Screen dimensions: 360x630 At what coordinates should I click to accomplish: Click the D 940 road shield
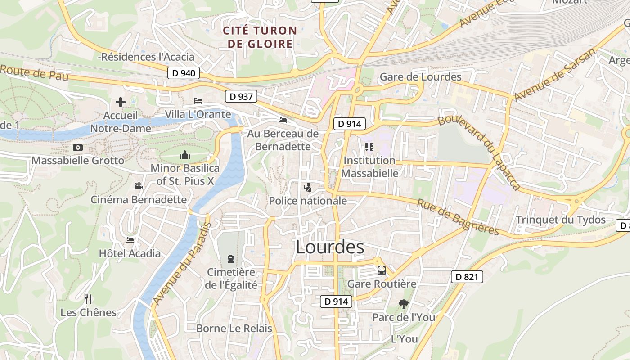(184, 73)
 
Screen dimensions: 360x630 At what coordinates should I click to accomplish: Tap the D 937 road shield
(241, 96)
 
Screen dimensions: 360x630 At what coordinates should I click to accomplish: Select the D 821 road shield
(467, 277)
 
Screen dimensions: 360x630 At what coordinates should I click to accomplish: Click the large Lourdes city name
(330, 247)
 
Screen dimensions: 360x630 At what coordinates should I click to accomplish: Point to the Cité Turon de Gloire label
(261, 37)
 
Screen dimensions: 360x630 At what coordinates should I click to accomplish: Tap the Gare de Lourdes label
(421, 77)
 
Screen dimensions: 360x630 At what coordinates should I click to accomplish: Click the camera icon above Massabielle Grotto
(78, 147)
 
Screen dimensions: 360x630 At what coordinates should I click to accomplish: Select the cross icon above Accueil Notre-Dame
(121, 102)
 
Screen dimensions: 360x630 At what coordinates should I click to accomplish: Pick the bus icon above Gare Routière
(382, 270)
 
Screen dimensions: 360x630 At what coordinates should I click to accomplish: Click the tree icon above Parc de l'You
(403, 305)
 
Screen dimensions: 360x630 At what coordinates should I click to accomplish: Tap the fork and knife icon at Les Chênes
(88, 299)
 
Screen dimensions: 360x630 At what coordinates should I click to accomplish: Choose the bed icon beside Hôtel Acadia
(130, 240)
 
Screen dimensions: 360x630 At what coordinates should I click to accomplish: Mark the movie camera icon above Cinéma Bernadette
(139, 186)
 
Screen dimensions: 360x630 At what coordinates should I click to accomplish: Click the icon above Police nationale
(308, 187)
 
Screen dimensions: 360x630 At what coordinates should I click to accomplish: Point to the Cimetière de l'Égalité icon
(231, 259)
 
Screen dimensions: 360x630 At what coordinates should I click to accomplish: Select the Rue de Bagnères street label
(458, 217)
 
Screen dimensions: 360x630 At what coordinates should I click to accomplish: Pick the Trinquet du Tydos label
(560, 220)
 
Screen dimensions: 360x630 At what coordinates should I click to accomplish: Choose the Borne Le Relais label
(234, 328)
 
